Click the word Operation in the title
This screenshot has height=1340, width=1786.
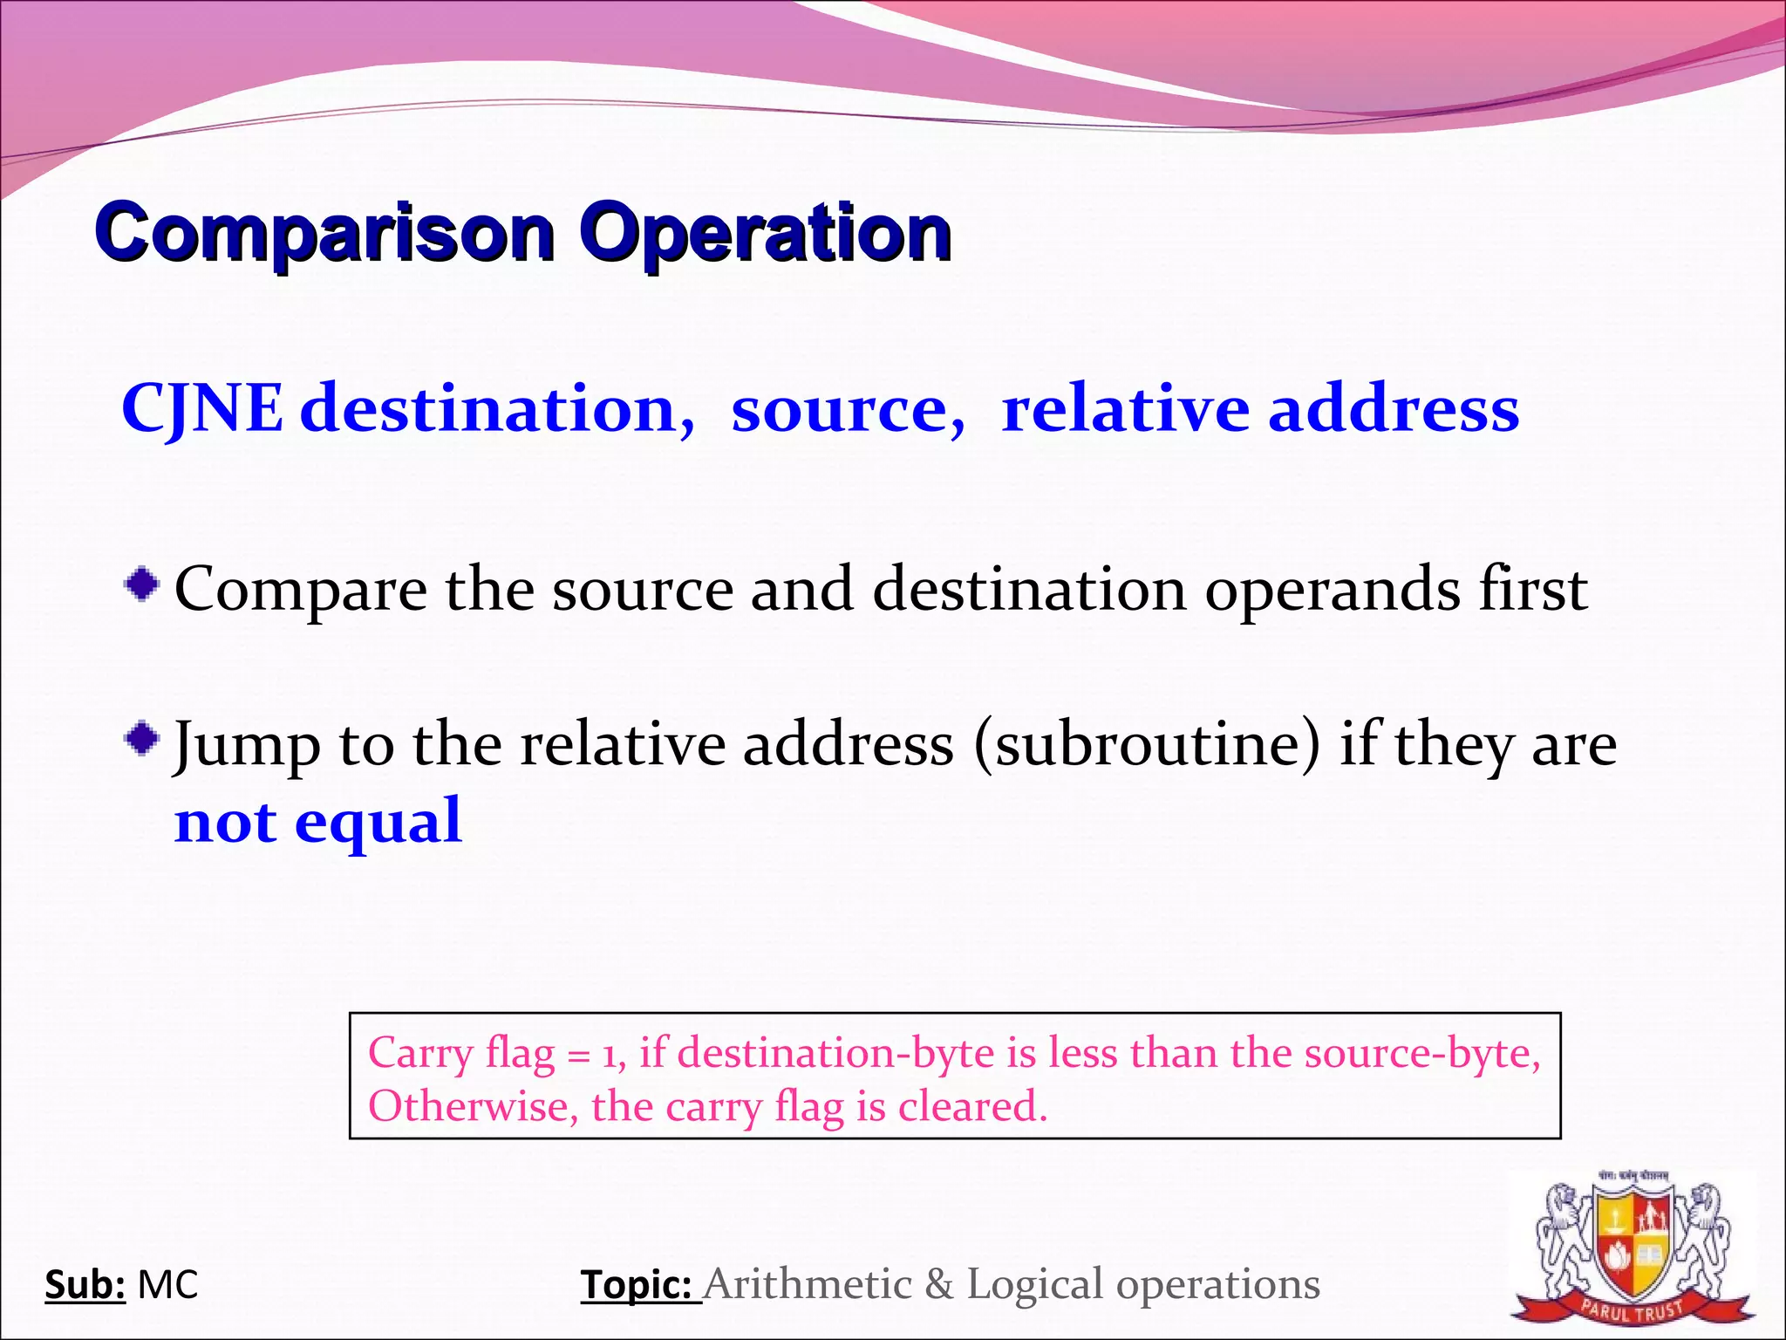coord(766,232)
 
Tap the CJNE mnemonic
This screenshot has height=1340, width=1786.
coord(202,408)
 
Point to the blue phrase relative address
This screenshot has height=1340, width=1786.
coord(1260,408)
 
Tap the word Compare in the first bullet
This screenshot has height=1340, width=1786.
coord(301,590)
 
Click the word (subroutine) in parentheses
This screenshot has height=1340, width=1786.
coord(1148,745)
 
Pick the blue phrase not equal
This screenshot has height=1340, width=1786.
coord(318,822)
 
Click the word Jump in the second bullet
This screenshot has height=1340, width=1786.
coord(247,747)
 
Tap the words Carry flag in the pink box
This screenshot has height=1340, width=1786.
coord(461,1053)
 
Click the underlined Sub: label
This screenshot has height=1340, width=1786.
coord(85,1285)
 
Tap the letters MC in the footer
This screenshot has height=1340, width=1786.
coord(168,1285)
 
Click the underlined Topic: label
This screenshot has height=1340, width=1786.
coord(638,1285)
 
